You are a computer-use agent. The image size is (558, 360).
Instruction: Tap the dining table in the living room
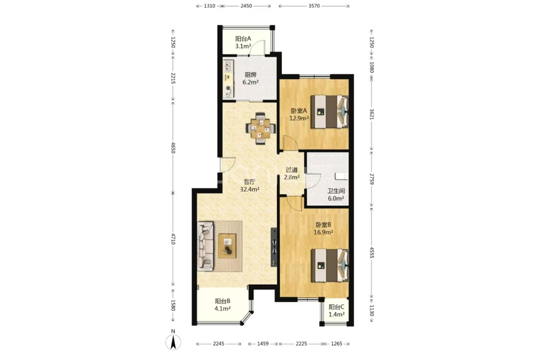tap(261, 128)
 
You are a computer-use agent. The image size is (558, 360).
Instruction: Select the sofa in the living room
tap(205, 246)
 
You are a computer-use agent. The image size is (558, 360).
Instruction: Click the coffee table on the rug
tap(227, 246)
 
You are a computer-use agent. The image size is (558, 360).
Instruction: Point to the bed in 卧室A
tap(329, 111)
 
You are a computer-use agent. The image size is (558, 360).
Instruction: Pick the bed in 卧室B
tap(329, 265)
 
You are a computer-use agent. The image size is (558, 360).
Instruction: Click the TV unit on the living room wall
tap(274, 247)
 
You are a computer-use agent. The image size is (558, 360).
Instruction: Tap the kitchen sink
tap(227, 67)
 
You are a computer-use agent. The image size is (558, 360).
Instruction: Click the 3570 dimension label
tap(314, 6)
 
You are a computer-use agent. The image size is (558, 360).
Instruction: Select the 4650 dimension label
tap(173, 148)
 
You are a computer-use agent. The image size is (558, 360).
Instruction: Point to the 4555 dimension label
tap(372, 253)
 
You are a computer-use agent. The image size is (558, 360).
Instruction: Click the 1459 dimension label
tap(263, 344)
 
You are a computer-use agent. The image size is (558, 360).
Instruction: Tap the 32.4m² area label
tap(250, 189)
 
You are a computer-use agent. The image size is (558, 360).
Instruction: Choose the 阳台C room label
tap(336, 307)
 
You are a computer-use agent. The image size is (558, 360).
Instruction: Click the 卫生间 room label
tap(336, 191)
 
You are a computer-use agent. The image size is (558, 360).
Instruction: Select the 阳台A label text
tap(243, 39)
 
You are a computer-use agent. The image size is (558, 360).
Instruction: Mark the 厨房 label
tap(250, 75)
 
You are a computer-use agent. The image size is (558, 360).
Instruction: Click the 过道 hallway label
tap(291, 170)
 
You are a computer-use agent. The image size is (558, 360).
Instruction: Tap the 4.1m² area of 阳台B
tap(222, 309)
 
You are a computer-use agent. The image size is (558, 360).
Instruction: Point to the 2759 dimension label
tap(372, 179)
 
